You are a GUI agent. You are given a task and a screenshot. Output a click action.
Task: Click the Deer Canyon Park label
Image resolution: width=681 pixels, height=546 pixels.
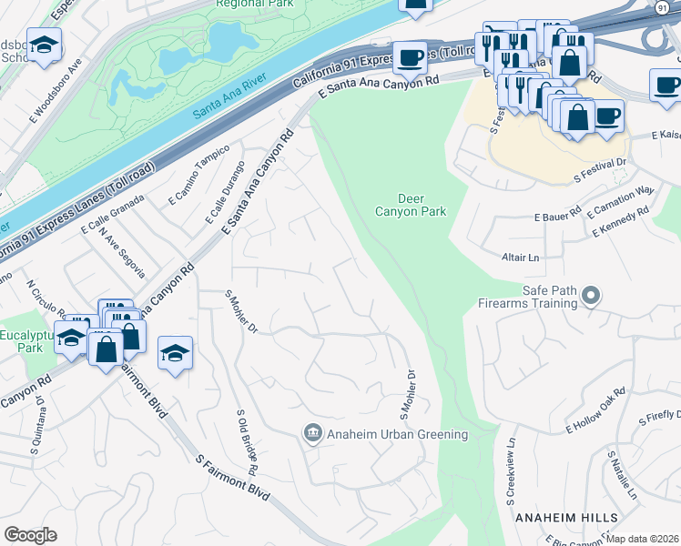[x=412, y=205]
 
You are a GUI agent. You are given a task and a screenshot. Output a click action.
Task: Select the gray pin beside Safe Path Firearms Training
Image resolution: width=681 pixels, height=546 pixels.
[x=592, y=295]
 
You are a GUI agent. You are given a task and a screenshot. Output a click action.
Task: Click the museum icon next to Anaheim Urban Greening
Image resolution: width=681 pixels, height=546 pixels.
[x=312, y=434]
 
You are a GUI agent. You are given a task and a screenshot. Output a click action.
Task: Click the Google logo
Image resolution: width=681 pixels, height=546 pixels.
[x=30, y=535]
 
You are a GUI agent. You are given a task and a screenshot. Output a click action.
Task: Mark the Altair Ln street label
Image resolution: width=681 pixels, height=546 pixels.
[x=521, y=258]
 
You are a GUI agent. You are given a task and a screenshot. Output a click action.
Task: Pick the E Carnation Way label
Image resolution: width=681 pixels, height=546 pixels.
[x=621, y=203]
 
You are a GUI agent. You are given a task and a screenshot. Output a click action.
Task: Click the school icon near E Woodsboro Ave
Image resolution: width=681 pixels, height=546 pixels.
[x=42, y=45]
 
